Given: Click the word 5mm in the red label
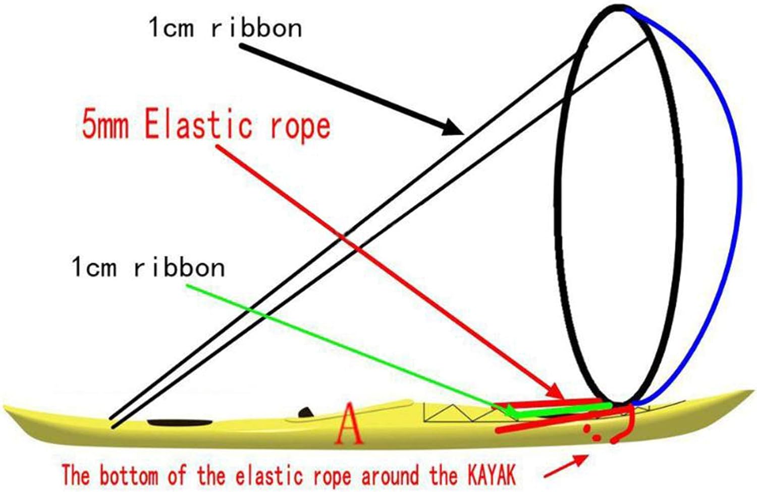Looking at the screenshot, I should pos(105,125).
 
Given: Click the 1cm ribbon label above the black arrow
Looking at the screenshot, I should pos(225,28).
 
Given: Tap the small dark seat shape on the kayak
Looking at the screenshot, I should pos(306,413).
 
